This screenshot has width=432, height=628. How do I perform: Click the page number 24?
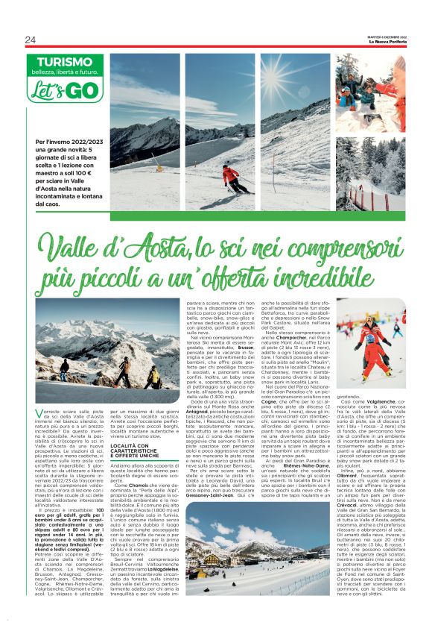30,40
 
